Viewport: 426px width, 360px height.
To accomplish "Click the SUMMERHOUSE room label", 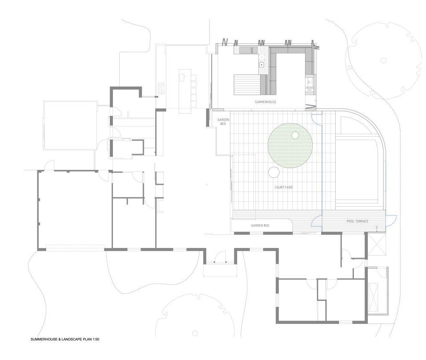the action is (x=266, y=102).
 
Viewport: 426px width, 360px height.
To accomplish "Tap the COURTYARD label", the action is (x=283, y=187).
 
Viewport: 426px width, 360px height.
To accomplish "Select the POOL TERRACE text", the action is (x=358, y=221).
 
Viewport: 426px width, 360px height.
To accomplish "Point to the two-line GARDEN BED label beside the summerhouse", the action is (x=223, y=121).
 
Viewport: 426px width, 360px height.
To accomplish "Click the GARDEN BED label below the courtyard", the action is (x=260, y=225).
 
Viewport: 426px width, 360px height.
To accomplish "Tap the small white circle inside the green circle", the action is (x=295, y=135).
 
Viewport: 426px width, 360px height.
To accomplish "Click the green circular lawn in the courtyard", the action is (x=290, y=146).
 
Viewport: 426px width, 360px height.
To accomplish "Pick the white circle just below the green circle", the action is (x=274, y=172).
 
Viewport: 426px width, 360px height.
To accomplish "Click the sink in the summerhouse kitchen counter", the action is (x=262, y=65).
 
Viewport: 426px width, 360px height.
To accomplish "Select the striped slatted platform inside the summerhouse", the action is (x=247, y=84).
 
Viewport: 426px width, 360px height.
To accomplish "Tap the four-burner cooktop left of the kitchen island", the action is (x=161, y=88).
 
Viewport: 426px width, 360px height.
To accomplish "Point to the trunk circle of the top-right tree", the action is (x=383, y=60).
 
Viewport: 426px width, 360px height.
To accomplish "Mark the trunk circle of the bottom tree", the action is (x=195, y=333).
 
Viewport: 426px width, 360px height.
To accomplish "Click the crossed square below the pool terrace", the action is (x=376, y=244).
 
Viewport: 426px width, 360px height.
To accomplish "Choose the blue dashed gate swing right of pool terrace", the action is (x=392, y=220).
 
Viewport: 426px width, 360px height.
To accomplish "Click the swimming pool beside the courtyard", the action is (x=356, y=172).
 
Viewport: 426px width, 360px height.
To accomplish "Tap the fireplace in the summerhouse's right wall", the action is (x=310, y=84).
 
